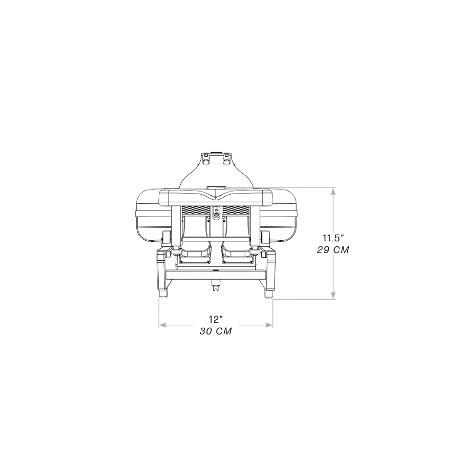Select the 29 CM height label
[333, 250]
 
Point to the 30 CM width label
[216, 331]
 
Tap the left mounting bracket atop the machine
[206, 159]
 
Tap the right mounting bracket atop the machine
[225, 159]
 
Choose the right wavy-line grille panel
[235, 210]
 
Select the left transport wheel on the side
[166, 237]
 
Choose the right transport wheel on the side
[266, 237]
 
